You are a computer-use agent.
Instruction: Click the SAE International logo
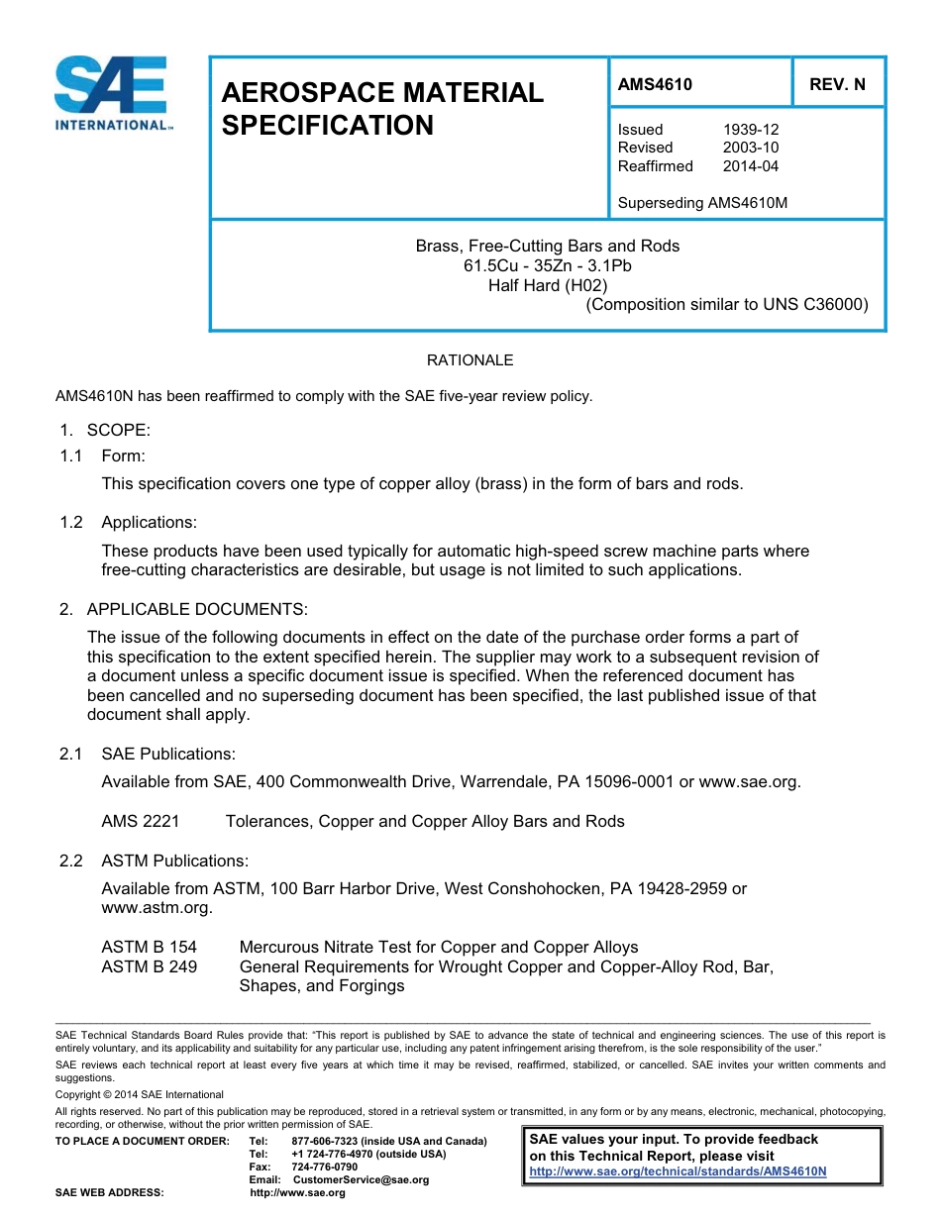coord(113,94)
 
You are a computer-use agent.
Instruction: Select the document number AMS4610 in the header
coord(655,84)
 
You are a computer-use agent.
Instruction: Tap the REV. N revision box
coord(837,84)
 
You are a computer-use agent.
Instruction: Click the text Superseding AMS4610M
coord(701,203)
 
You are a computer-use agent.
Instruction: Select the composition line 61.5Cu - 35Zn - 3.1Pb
coord(548,265)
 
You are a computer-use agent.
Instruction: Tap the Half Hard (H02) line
coord(548,285)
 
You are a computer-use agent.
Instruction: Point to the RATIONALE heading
coord(470,360)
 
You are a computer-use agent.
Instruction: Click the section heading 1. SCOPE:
coord(104,430)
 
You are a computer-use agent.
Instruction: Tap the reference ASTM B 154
coord(149,948)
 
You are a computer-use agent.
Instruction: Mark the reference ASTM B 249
coord(149,966)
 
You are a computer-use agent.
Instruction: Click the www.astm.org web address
coord(157,908)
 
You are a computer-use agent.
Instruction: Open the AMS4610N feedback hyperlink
coord(678,1171)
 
